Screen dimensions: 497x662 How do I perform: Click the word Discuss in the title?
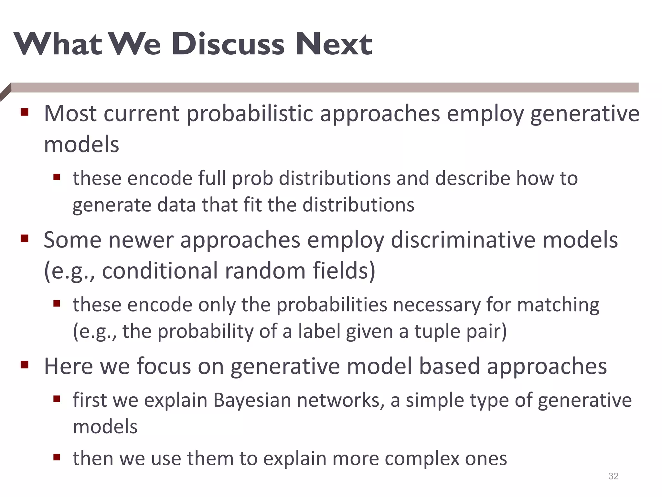pos(228,44)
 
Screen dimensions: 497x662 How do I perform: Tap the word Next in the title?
pos(334,44)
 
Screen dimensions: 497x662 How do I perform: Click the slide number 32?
pos(613,476)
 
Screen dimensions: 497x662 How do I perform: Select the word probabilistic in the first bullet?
pos(250,114)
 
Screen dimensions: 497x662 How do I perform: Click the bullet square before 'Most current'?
pos(25,112)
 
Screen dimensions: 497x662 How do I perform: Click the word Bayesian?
pos(252,400)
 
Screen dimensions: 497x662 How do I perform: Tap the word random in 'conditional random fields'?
pos(265,271)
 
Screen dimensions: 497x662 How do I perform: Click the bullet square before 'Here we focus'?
pos(25,365)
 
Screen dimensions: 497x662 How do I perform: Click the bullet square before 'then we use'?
pos(57,457)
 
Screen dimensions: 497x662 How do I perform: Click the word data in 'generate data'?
pos(176,205)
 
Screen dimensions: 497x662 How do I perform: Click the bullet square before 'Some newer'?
pos(25,239)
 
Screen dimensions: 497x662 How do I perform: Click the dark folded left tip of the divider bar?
pos(5,92)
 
